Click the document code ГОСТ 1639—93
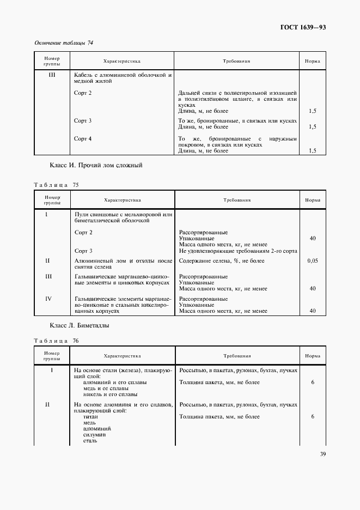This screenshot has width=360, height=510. (x=303, y=27)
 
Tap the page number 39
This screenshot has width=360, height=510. (x=321, y=456)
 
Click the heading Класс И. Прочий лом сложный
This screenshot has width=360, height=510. (x=96, y=165)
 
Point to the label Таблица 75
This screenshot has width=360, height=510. (x=56, y=185)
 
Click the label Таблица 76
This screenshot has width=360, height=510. (x=56, y=341)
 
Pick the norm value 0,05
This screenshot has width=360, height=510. (x=312, y=261)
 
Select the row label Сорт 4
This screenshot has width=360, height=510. (x=83, y=138)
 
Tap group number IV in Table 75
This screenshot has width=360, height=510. (x=48, y=299)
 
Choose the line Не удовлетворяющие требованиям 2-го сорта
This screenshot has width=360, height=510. (x=237, y=251)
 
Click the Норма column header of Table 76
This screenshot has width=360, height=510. (x=312, y=356)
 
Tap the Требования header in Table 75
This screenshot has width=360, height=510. (x=236, y=200)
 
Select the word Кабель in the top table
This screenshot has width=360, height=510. (x=84, y=74)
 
